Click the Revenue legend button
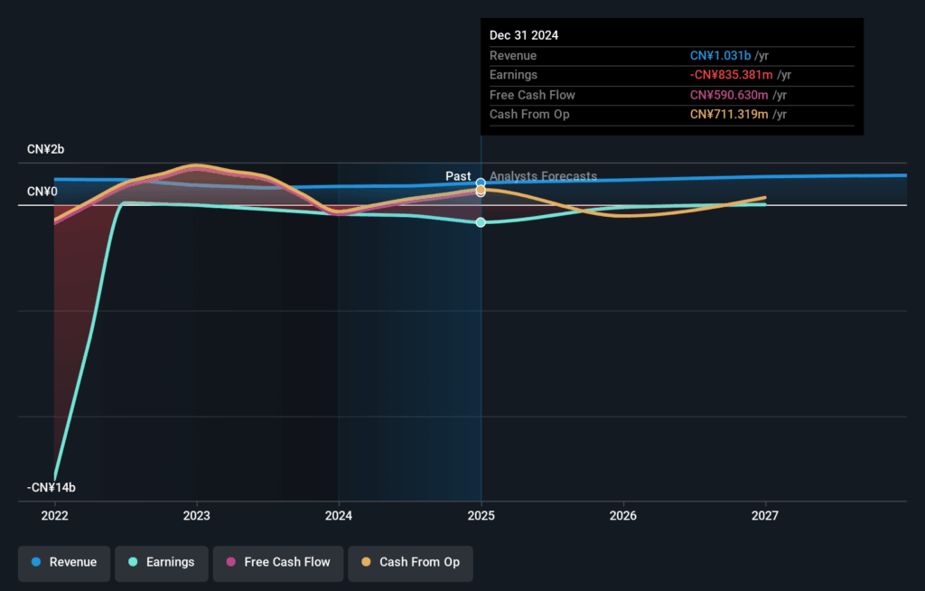tap(64, 562)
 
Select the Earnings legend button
tap(161, 562)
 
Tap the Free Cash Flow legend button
tap(277, 562)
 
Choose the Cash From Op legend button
tap(410, 562)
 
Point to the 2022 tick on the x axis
tap(55, 516)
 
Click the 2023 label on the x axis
tap(197, 516)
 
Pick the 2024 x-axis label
tap(339, 516)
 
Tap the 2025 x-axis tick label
tap(481, 516)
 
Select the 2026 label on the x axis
tap(623, 516)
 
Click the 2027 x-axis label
tap(765, 516)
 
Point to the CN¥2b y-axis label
tap(46, 149)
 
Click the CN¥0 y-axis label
tap(42, 192)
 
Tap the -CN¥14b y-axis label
tap(51, 488)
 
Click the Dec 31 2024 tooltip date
tap(524, 35)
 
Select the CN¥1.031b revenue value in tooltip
tap(720, 56)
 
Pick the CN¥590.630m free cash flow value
tap(728, 95)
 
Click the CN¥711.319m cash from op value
tap(727, 114)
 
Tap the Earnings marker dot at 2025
tap(481, 222)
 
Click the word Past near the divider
tap(458, 176)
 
